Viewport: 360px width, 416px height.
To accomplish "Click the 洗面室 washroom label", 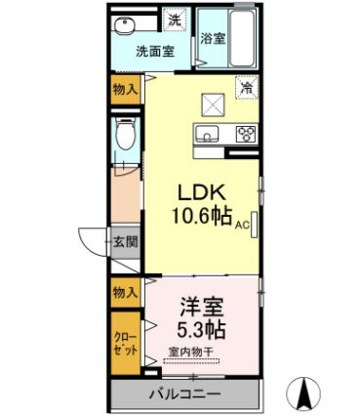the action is point(155,52).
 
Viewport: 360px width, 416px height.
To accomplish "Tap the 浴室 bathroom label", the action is point(213,39).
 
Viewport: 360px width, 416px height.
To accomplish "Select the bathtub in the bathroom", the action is point(242,37).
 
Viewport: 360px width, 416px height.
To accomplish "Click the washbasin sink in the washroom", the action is point(124,25).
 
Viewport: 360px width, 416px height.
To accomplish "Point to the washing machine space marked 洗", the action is point(175,21).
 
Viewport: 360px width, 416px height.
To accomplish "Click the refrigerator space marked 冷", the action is point(247,87).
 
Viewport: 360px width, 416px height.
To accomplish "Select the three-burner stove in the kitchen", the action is point(246,134).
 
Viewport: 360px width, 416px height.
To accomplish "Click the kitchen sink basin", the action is point(206,133).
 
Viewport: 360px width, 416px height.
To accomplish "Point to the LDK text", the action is point(201,193).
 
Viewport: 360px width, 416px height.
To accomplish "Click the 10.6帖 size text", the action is point(202,216).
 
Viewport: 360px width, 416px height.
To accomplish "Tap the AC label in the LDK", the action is point(242,225).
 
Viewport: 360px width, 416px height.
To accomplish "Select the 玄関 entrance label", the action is point(125,241).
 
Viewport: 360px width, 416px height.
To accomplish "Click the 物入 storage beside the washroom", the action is point(126,89).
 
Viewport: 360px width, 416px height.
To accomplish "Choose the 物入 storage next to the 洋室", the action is point(126,293).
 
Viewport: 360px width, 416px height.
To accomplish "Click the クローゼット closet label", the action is point(126,343).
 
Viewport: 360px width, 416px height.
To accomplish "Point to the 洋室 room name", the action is point(202,308).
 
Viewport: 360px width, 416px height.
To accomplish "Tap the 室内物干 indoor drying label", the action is point(190,352).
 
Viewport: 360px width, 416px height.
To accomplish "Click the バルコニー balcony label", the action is point(185,395).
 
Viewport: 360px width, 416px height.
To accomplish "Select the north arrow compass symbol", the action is point(304,394).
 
